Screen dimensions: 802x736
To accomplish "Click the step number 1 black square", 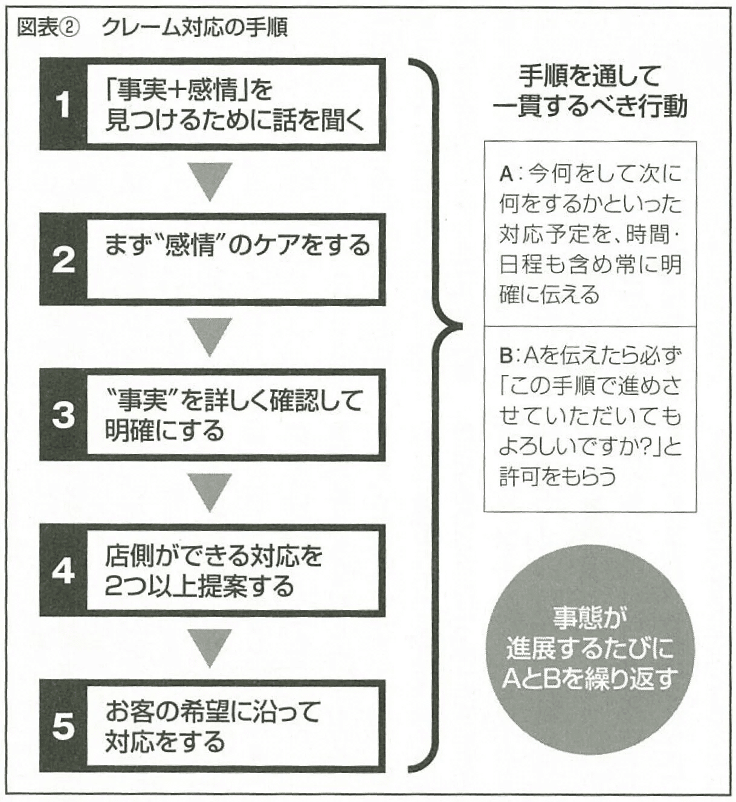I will pyautogui.click(x=63, y=104).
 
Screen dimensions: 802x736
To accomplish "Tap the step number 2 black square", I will pyautogui.click(x=63, y=260).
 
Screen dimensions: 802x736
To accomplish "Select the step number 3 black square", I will pyautogui.click(x=63, y=415).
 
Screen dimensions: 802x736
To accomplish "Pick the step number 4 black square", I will pyautogui.click(x=63, y=571).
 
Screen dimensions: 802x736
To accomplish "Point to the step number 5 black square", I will pyautogui.click(x=63, y=727).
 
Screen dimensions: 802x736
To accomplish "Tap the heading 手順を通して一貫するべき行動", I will pyautogui.click(x=590, y=91).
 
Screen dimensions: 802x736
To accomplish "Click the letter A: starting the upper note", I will pyautogui.click(x=508, y=175).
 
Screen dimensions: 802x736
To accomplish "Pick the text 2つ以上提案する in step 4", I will pyautogui.click(x=199, y=586).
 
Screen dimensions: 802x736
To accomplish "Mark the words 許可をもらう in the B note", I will pyautogui.click(x=558, y=476).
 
